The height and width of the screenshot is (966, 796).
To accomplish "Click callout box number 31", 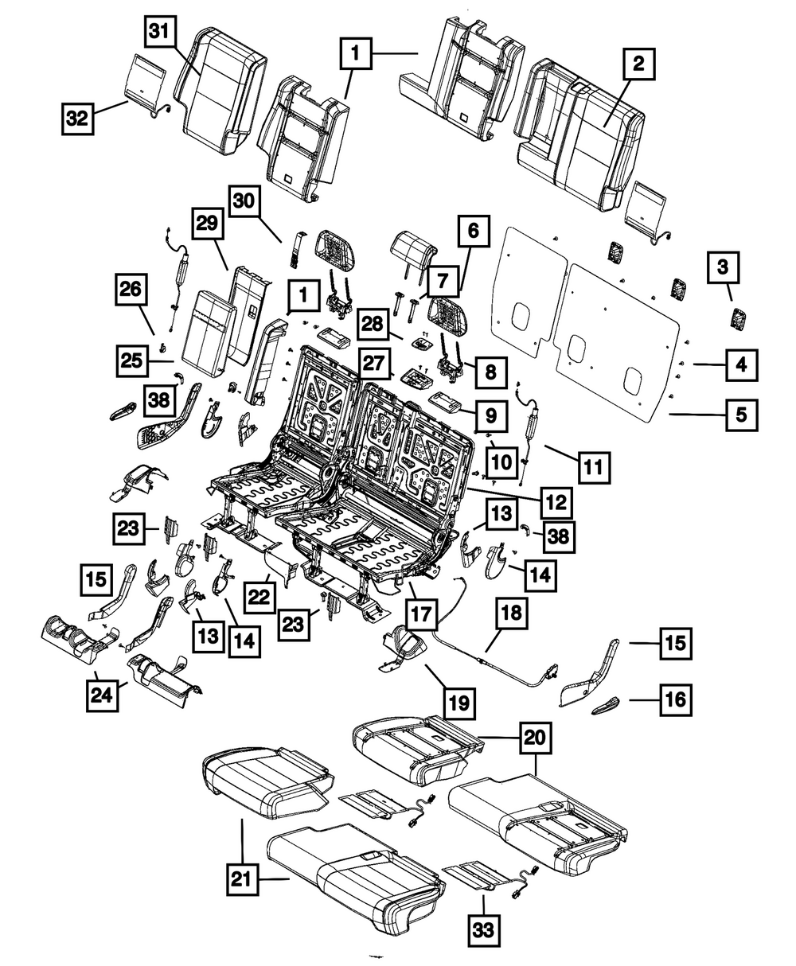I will click(x=160, y=34).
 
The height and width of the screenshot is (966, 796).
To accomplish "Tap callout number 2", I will click(x=638, y=64).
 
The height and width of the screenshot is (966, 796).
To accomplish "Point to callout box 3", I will click(x=722, y=271).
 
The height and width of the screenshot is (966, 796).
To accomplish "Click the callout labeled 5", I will click(x=740, y=414).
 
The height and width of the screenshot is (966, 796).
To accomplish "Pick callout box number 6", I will click(x=473, y=232).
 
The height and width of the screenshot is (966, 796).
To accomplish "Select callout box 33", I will click(x=484, y=927).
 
